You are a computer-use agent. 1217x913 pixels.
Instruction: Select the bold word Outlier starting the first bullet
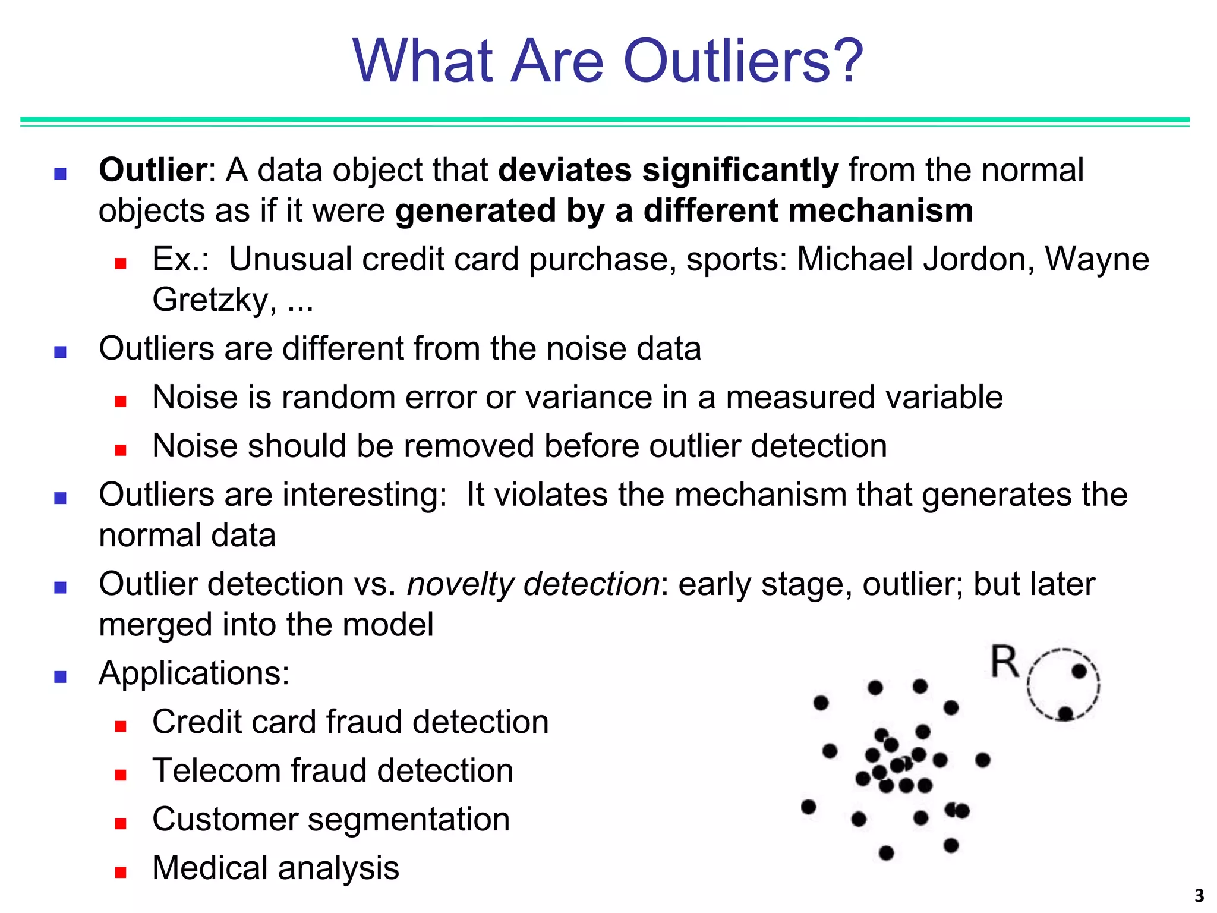(152, 170)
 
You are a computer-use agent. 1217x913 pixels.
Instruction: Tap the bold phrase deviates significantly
(668, 170)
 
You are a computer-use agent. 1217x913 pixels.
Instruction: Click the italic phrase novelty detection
(533, 584)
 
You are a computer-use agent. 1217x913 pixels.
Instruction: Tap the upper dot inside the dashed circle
(1079, 672)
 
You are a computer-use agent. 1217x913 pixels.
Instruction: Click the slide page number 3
(1199, 895)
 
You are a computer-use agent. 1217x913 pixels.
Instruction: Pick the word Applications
(194, 673)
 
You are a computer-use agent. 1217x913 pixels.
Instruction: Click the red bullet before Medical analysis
(121, 872)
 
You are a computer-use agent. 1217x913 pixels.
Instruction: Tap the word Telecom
(216, 770)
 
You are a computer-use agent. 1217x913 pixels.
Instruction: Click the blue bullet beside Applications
(60, 676)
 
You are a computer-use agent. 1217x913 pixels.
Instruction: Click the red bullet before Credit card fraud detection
(121, 726)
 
